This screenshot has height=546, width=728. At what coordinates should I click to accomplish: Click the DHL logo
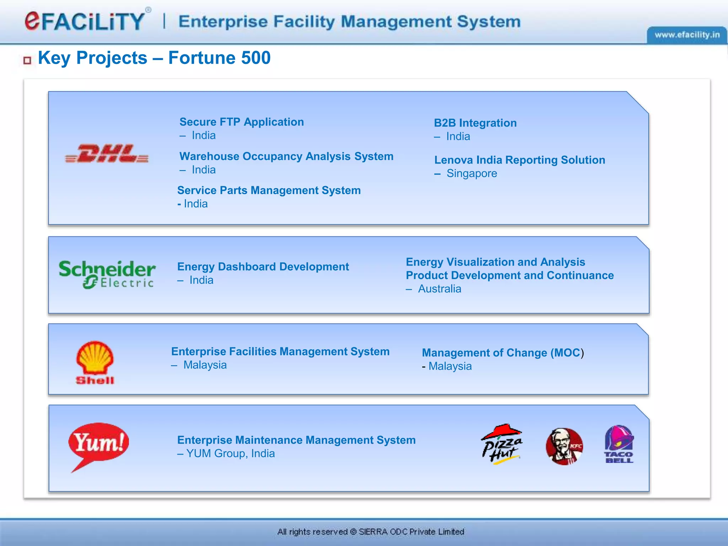(107, 154)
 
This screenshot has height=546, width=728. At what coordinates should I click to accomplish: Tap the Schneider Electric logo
(107, 274)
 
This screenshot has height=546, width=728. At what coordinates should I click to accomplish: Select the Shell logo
(95, 363)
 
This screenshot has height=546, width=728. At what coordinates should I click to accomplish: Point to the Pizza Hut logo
(502, 444)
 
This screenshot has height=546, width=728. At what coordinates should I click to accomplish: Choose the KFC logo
(564, 446)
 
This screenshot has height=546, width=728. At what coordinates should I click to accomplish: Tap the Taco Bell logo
(619, 444)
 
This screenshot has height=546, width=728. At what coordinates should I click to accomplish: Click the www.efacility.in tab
(687, 35)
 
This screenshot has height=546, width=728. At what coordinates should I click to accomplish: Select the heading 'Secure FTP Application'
(242, 122)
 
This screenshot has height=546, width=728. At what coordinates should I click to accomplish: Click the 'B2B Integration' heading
(475, 123)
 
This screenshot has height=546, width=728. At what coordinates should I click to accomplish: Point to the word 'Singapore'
(472, 173)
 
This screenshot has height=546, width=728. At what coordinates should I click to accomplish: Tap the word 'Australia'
(439, 289)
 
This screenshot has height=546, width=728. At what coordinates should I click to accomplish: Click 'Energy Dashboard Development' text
(263, 267)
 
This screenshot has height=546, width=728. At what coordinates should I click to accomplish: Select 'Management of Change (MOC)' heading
(503, 353)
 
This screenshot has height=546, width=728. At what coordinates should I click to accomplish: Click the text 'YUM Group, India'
(230, 454)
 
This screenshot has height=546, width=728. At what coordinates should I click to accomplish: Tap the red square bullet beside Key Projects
(27, 60)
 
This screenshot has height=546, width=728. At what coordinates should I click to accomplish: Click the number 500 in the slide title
(256, 58)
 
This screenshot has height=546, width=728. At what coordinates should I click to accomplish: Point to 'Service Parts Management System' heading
(269, 191)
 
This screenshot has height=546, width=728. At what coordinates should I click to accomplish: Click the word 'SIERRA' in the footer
(373, 532)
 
